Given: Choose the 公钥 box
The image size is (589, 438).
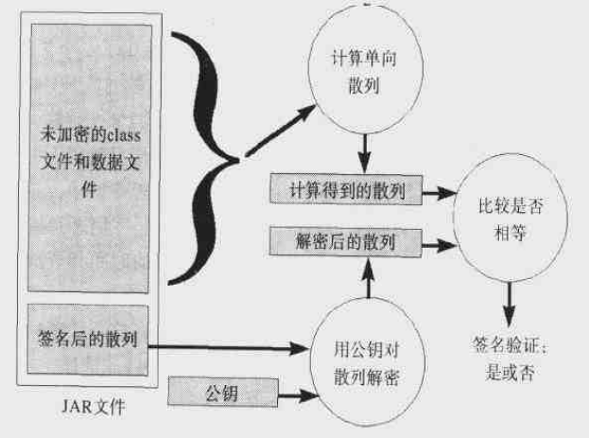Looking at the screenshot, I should click(x=213, y=390).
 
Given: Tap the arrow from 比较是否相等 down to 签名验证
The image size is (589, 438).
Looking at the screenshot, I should click(x=511, y=303).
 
